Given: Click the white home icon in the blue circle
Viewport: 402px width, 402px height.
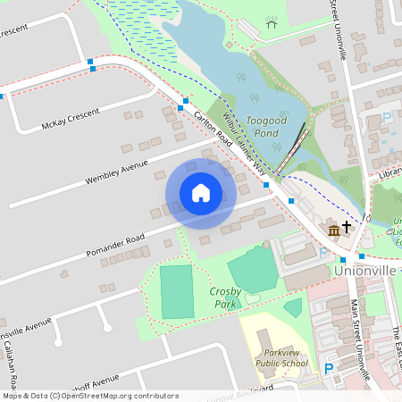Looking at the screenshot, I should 200,193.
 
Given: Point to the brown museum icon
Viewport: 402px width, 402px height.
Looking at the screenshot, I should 333,230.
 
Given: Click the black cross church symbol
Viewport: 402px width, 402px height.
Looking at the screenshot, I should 346,228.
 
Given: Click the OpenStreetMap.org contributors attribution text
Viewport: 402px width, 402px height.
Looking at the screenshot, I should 116,395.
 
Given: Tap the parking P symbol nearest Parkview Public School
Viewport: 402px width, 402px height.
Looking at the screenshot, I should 329,368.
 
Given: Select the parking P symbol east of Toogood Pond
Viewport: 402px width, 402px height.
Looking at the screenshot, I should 387,118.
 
